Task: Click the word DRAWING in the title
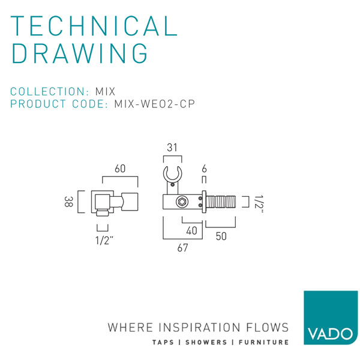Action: point(80,53)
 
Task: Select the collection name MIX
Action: point(106,92)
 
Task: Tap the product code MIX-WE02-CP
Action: point(154,104)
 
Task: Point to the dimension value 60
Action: point(120,169)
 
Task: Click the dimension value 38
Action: point(68,203)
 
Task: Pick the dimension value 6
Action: point(205,169)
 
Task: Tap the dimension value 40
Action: point(192,230)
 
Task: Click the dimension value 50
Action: point(221,237)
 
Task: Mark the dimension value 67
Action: point(182,248)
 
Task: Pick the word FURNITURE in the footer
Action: point(264,342)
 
